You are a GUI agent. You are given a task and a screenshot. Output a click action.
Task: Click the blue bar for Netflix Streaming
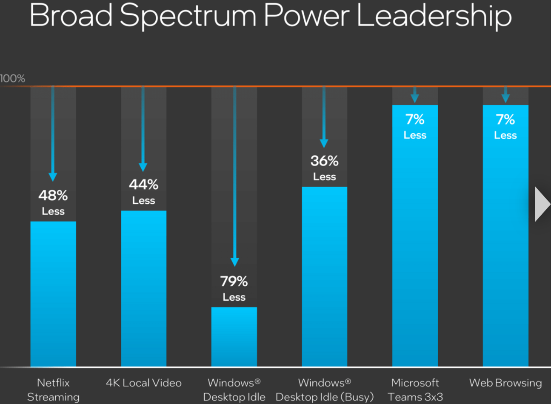click(53, 293)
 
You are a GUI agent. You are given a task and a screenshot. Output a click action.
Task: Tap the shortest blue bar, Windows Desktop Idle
click(234, 336)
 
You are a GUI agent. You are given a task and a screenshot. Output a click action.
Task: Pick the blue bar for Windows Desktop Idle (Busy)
click(324, 276)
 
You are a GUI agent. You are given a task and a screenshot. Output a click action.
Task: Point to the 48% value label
click(53, 196)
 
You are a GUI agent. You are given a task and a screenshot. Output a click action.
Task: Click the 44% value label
click(143, 185)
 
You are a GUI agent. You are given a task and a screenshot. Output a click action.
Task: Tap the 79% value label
click(234, 281)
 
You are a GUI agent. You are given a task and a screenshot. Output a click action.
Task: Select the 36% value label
click(324, 161)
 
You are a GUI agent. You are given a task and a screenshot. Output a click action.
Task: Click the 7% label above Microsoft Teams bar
click(415, 119)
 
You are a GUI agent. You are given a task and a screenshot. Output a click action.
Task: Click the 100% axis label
click(13, 78)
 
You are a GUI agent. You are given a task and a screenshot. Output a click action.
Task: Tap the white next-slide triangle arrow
click(542, 204)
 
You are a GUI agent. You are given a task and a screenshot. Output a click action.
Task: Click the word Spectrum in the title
click(188, 16)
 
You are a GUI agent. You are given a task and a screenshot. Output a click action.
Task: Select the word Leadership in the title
click(434, 16)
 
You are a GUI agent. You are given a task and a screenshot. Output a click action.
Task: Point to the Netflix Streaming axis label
click(53, 390)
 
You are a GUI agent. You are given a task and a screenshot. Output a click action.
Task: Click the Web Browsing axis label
click(505, 383)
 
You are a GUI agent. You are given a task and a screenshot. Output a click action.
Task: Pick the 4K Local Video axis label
click(143, 383)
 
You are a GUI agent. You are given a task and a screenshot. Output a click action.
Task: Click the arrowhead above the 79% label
click(234, 262)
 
